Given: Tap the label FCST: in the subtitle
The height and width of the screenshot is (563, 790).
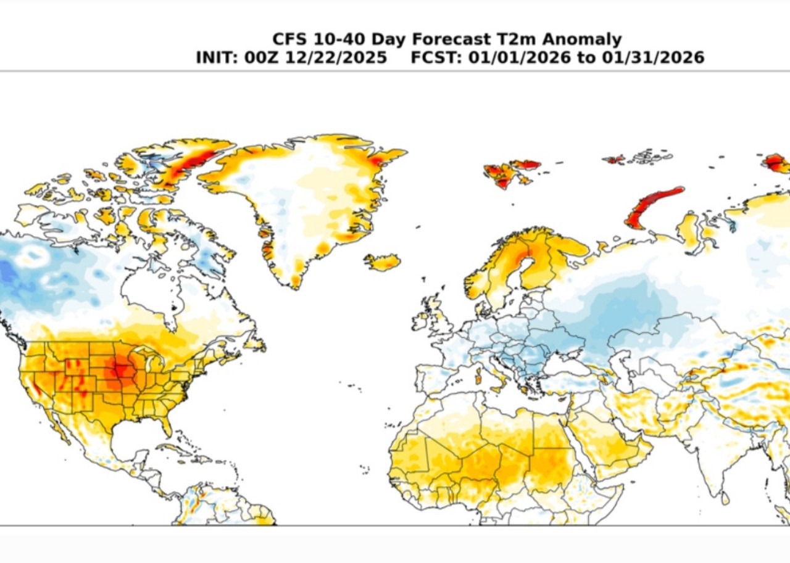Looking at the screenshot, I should pos(434,57).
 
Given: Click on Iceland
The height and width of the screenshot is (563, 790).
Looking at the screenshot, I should pos(383,262).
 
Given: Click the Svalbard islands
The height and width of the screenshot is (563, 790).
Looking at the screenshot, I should pos(509,173).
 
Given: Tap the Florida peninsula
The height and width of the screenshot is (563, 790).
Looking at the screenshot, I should pos(165,425).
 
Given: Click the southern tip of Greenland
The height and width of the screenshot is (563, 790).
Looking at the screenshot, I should pos(295,282).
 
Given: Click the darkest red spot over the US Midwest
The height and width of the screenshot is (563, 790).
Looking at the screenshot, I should pos(119,371).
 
